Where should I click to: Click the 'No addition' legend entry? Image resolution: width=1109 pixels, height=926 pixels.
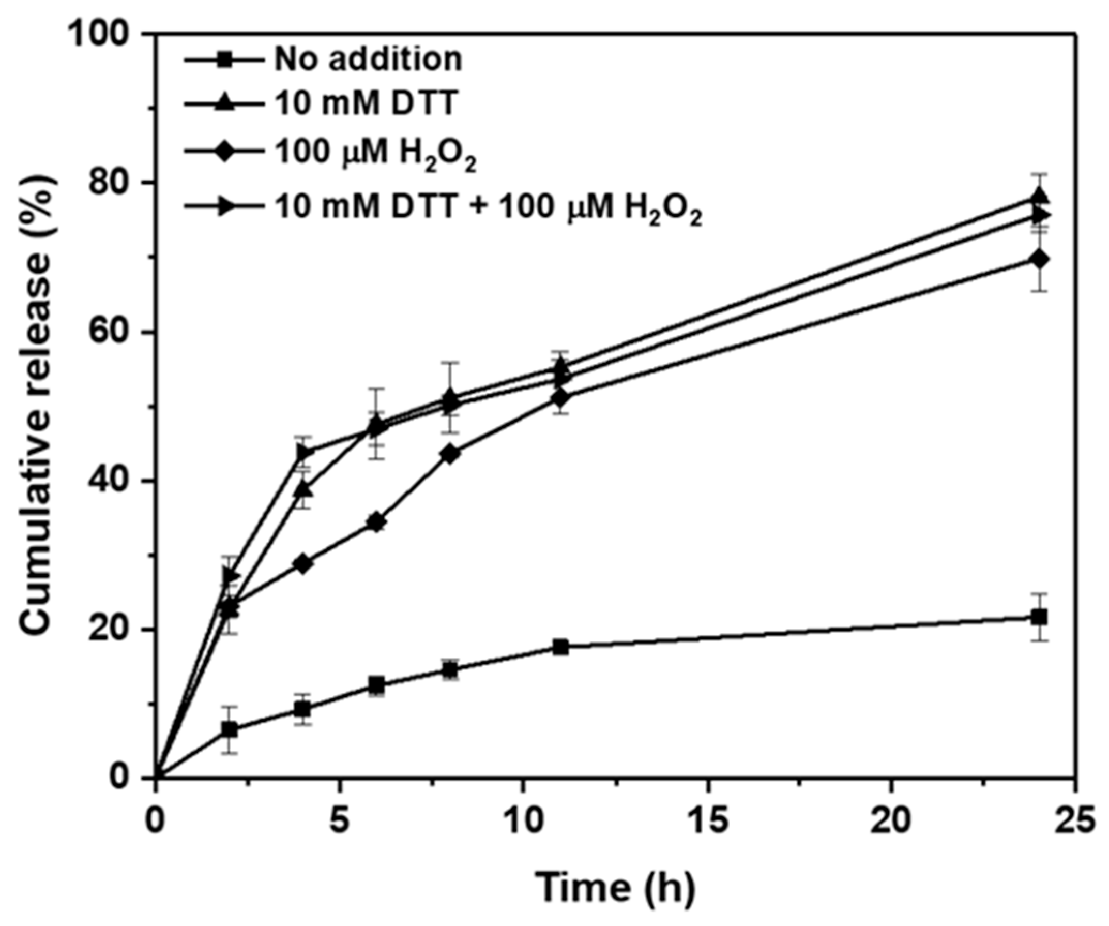[x=368, y=59]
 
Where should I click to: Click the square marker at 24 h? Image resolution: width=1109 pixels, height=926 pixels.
[x=1039, y=617]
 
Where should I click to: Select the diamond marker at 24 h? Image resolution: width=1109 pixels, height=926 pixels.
[x=1039, y=259]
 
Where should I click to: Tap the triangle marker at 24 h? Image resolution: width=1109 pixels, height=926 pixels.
[x=1039, y=197]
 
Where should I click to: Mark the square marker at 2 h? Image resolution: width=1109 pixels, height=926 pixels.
[x=229, y=730]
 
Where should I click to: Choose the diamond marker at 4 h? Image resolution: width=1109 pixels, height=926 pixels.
[x=302, y=564]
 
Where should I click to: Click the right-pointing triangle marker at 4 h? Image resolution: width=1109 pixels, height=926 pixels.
[x=303, y=453]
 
